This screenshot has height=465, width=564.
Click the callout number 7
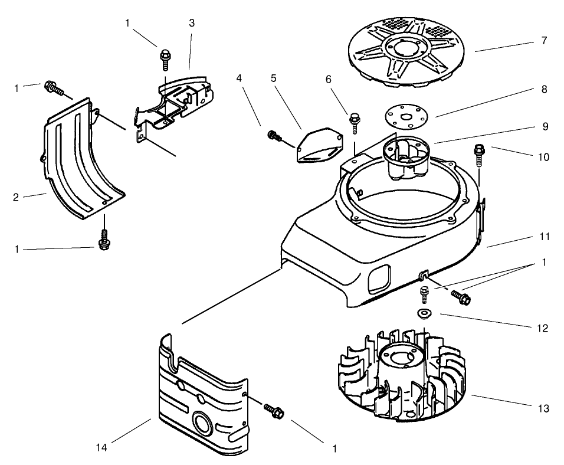[543, 41]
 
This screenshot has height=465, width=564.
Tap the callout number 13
[543, 408]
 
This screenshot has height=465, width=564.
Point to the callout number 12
[543, 328]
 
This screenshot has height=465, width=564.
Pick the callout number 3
[192, 23]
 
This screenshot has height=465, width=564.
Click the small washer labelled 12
[422, 313]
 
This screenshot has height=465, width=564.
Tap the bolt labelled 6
[355, 122]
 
